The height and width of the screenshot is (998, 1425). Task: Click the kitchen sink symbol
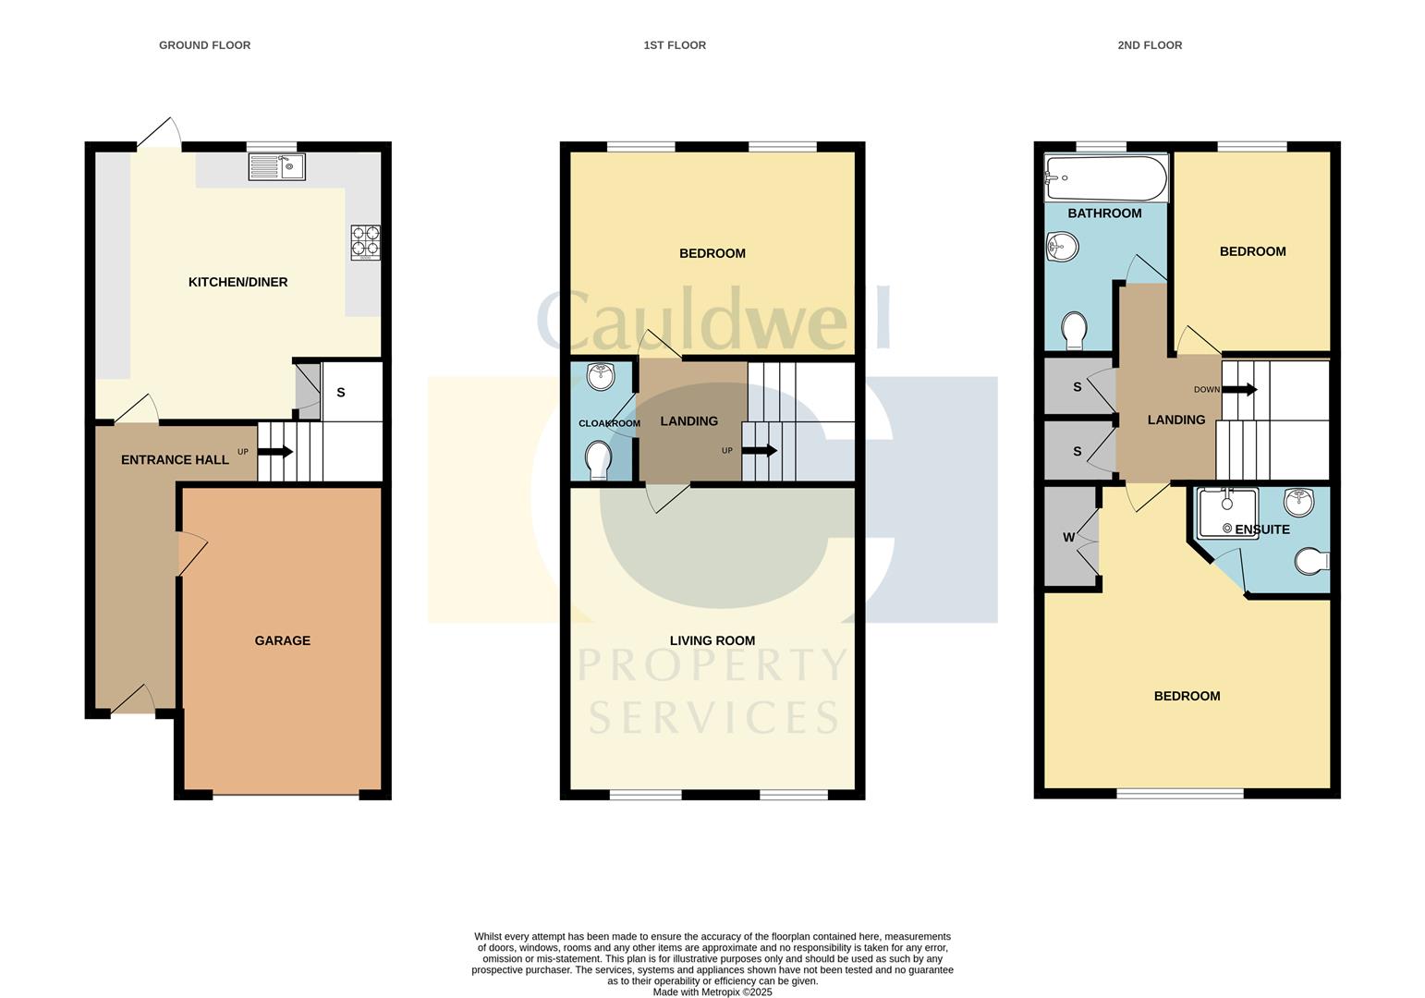pyautogui.click(x=276, y=167)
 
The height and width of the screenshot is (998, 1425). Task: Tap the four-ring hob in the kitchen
pyautogui.click(x=365, y=242)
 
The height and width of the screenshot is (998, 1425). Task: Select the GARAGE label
pyautogui.click(x=283, y=640)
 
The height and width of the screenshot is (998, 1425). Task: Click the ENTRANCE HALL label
pyautogui.click(x=175, y=459)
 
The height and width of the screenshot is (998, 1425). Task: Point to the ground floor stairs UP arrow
pyautogui.click(x=275, y=452)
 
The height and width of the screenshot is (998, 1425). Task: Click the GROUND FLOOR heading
pyautogui.click(x=204, y=45)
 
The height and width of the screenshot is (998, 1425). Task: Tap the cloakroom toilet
pyautogui.click(x=599, y=459)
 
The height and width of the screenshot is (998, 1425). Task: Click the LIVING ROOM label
pyautogui.click(x=712, y=640)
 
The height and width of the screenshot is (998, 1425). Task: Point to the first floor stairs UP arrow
pyautogui.click(x=760, y=451)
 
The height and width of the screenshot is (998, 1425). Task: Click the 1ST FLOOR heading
pyautogui.click(x=675, y=45)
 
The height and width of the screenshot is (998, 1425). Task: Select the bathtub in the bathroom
pyautogui.click(x=1105, y=177)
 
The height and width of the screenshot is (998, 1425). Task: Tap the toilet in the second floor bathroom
pyautogui.click(x=1074, y=331)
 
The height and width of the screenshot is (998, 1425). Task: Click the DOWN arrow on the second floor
pyautogui.click(x=1240, y=389)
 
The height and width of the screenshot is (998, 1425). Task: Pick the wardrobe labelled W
pyautogui.click(x=1070, y=537)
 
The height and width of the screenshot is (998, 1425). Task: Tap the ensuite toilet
pyautogui.click(x=1311, y=561)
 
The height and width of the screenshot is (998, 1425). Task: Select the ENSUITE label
pyautogui.click(x=1261, y=529)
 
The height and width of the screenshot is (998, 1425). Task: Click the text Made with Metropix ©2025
pyautogui.click(x=712, y=992)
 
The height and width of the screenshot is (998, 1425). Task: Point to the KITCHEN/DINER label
pyautogui.click(x=237, y=282)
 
